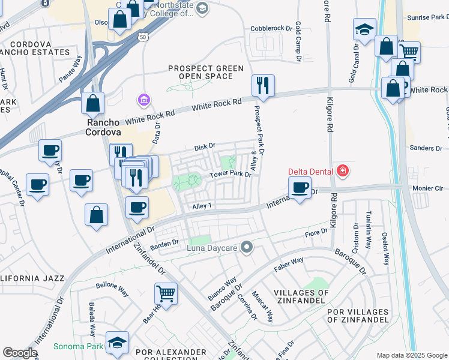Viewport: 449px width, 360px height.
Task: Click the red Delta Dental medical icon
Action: pos(343,171)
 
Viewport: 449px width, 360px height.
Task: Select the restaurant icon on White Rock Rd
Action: pos(263,86)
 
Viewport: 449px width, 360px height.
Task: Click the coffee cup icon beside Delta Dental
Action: pos(299,187)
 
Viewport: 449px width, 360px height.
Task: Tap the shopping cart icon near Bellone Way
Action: pos(166,293)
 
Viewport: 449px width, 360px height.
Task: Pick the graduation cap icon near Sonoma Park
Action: pos(117,342)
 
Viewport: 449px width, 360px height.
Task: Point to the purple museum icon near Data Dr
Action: pos(143,98)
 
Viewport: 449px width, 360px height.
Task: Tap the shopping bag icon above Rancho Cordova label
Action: pos(93,104)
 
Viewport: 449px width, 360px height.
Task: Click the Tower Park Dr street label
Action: pos(229,175)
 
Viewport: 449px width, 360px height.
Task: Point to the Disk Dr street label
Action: pos(204,147)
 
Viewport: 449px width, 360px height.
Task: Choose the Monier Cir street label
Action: pos(427,188)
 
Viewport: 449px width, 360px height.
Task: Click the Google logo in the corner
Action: pos(20,353)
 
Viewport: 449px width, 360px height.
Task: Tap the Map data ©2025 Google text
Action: pos(411,355)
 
